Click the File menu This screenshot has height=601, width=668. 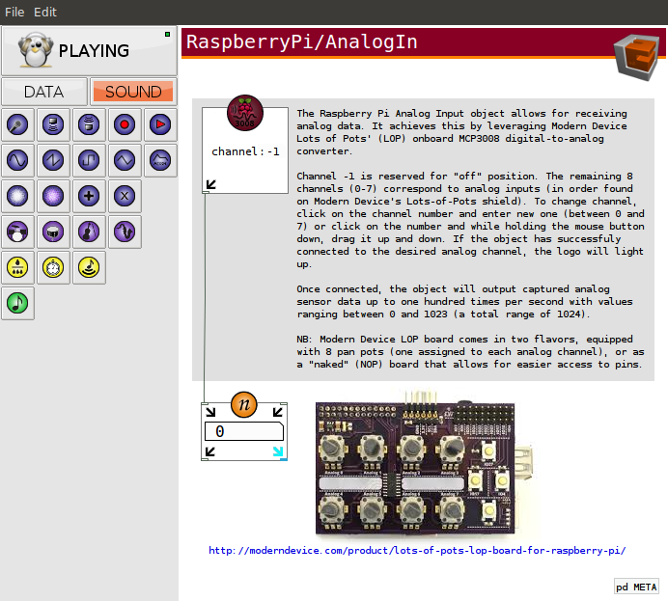(x=14, y=12)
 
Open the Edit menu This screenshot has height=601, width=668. (x=45, y=12)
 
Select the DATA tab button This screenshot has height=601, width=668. (x=43, y=92)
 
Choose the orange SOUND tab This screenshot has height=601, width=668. (x=133, y=92)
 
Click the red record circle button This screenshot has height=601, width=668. (x=125, y=124)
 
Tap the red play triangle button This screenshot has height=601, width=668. (x=160, y=124)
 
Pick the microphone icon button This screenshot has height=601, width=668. (x=17, y=124)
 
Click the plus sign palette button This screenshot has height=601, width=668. (x=89, y=196)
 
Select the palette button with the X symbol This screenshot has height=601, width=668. (x=125, y=196)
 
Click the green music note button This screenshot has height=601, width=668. (x=17, y=303)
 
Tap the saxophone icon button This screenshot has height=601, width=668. (x=125, y=232)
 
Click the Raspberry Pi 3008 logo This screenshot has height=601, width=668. (x=245, y=113)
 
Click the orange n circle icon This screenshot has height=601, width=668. (x=243, y=404)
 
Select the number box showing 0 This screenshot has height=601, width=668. (x=244, y=431)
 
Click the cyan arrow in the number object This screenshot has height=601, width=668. (x=278, y=451)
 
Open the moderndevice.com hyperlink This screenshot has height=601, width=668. (x=417, y=550)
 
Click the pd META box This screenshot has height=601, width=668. (x=636, y=587)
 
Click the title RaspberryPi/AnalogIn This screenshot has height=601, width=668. (x=301, y=41)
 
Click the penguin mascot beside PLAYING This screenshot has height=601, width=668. (x=36, y=50)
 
